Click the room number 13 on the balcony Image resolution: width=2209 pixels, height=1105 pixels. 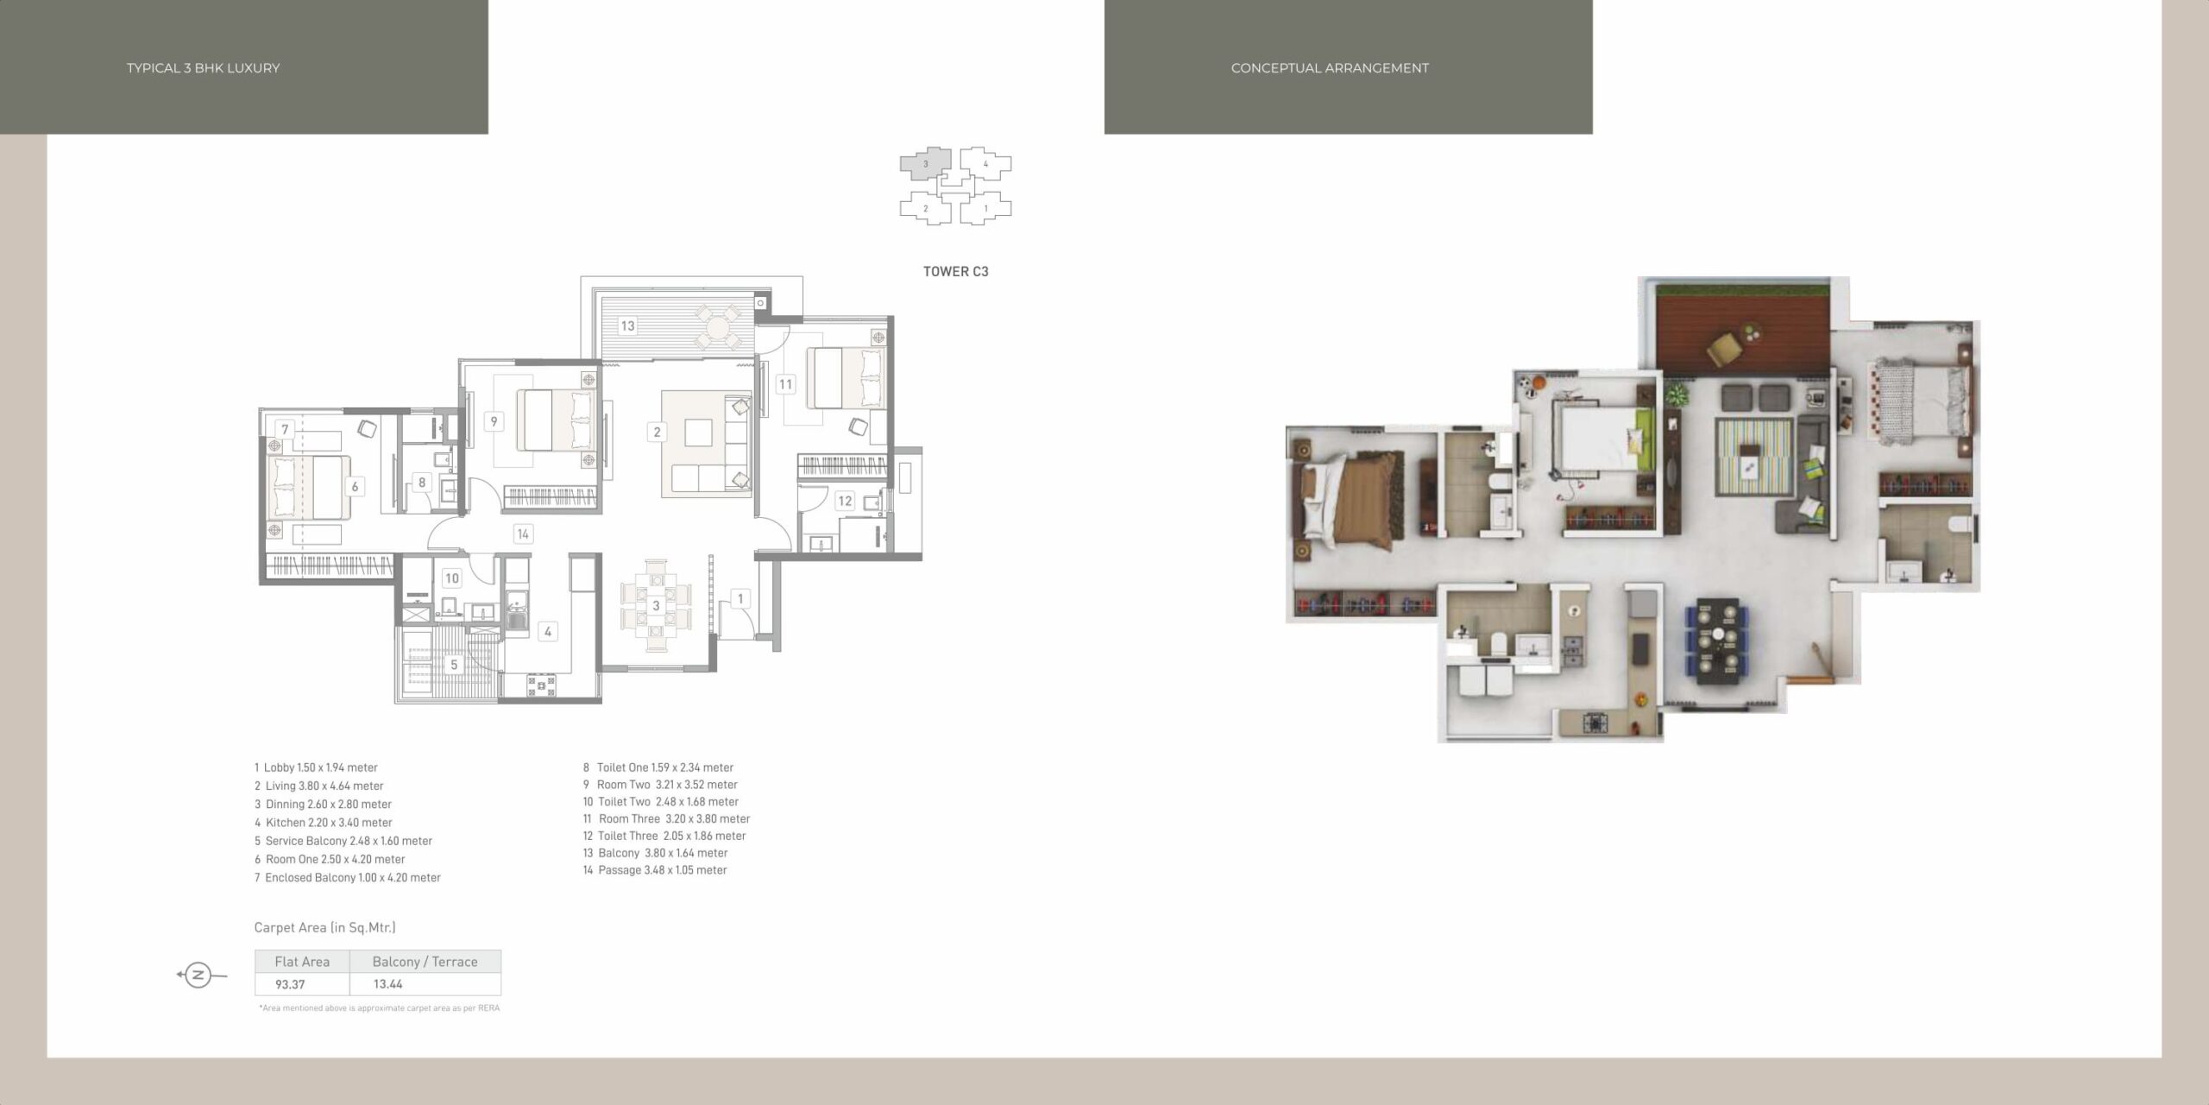[627, 325]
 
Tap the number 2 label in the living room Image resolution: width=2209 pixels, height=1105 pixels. [657, 432]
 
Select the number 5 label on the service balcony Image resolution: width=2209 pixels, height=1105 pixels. [454, 665]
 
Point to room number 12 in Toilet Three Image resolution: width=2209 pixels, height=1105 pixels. [845, 501]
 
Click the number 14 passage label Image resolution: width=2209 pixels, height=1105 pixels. [522, 534]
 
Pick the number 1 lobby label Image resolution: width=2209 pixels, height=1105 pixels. [740, 598]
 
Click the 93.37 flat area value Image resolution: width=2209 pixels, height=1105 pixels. [290, 984]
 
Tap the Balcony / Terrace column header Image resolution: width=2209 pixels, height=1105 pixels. [425, 962]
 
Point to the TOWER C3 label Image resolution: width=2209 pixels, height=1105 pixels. [956, 271]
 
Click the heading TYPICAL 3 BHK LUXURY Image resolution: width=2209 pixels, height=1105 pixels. [204, 68]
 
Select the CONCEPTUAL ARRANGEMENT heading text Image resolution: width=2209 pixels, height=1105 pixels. [1330, 68]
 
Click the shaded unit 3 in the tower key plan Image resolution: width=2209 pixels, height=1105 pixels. [926, 164]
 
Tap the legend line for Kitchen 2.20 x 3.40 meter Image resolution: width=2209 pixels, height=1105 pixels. [324, 823]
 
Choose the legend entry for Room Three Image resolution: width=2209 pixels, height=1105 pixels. [666, 818]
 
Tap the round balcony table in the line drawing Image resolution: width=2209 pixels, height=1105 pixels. [718, 327]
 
